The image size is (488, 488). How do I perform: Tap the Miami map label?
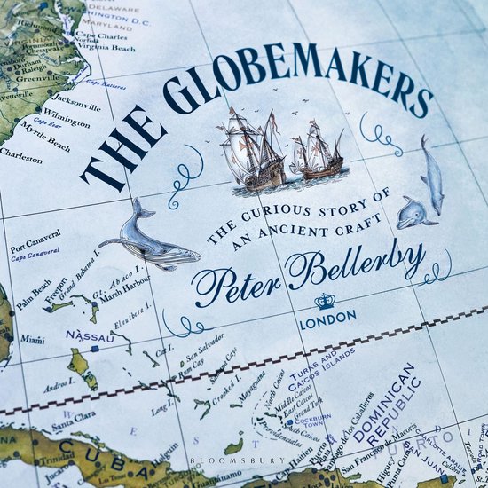(33, 339)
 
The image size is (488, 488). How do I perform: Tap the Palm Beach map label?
(31, 291)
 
